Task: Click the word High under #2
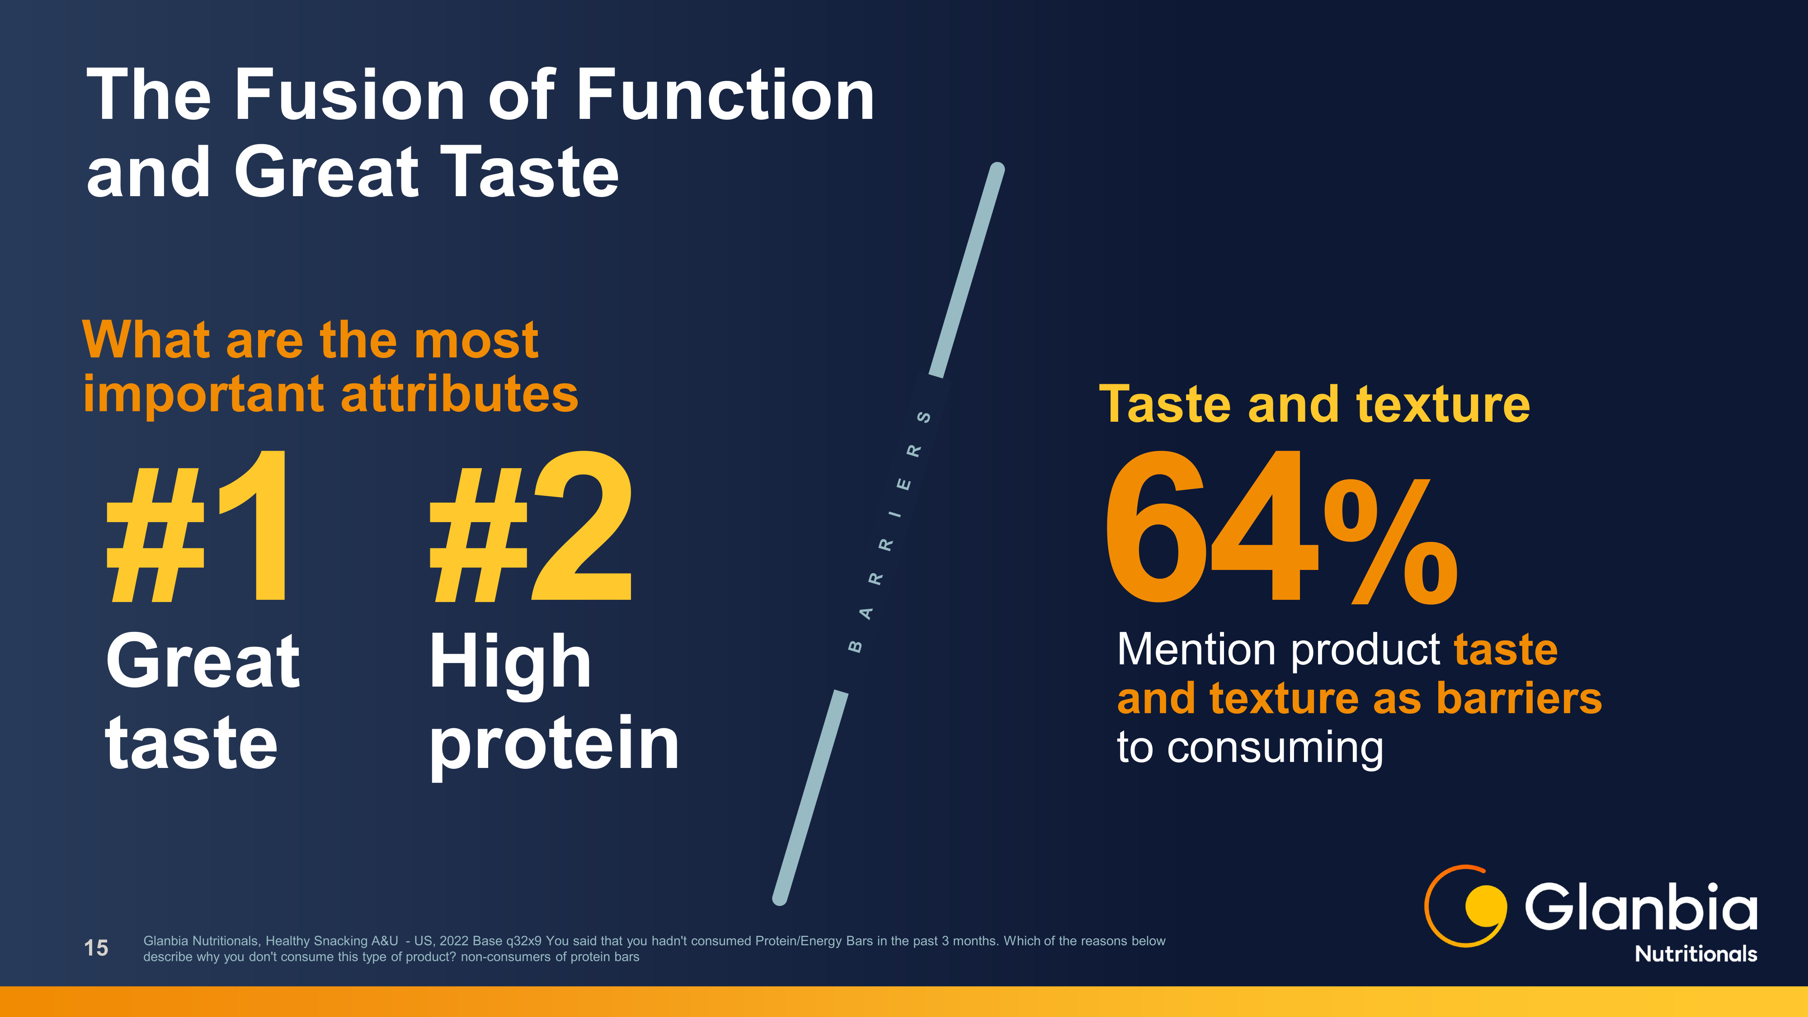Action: pyautogui.click(x=510, y=663)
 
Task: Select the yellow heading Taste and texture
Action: pyautogui.click(x=1314, y=405)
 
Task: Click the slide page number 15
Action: pyautogui.click(x=96, y=948)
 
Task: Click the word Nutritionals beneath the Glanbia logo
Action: pyautogui.click(x=1696, y=954)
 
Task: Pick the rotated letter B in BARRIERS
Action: pyautogui.click(x=855, y=646)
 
